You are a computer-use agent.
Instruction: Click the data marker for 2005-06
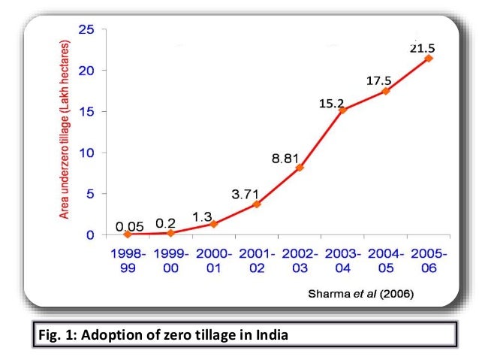point(429,58)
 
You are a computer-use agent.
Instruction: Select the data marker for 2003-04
point(342,110)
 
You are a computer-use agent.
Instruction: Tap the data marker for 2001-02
point(257,204)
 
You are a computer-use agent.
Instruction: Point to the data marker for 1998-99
point(128,234)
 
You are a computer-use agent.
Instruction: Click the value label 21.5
point(423,47)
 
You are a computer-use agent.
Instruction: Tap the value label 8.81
point(286,159)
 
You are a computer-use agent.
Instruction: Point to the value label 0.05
point(129,225)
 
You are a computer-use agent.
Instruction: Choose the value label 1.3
point(201,216)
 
